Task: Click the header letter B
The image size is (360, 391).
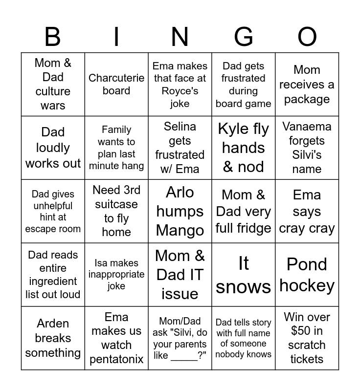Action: click(x=53, y=37)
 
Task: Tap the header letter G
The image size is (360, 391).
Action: click(x=243, y=37)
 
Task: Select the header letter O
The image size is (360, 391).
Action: click(x=307, y=37)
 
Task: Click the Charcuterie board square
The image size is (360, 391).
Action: click(x=116, y=84)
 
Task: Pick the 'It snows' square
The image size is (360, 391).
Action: click(x=243, y=275)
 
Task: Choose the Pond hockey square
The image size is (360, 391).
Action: click(x=307, y=275)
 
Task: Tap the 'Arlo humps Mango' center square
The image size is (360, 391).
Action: click(x=180, y=211)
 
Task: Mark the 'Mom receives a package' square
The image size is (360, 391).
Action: click(x=307, y=84)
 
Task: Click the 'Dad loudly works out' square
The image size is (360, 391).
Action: click(x=53, y=148)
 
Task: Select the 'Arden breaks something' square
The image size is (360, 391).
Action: click(x=53, y=338)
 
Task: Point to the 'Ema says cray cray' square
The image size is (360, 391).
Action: click(x=307, y=211)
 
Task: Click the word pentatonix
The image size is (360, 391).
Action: click(x=116, y=359)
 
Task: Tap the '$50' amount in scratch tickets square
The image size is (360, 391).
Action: click(x=301, y=331)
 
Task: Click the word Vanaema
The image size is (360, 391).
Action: click(x=307, y=127)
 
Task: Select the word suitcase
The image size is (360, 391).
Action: click(x=116, y=204)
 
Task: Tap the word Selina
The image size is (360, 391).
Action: click(x=180, y=127)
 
